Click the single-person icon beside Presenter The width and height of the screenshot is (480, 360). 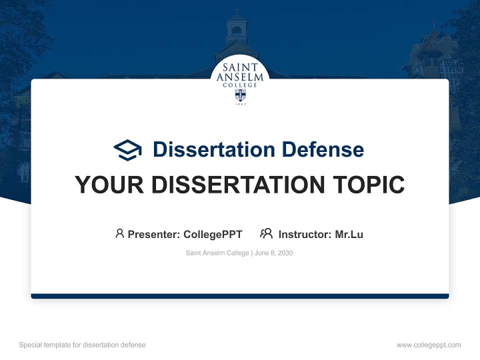[119, 233]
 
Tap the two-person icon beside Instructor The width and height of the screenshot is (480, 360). [266, 233]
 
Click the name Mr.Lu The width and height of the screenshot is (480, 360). [349, 234]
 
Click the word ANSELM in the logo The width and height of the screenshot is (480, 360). [240, 77]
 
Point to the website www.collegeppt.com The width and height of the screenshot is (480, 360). [428, 345]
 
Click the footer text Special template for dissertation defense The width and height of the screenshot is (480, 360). [82, 345]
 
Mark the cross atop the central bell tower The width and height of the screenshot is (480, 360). [237, 11]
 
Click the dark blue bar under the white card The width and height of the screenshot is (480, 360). [240, 296]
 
